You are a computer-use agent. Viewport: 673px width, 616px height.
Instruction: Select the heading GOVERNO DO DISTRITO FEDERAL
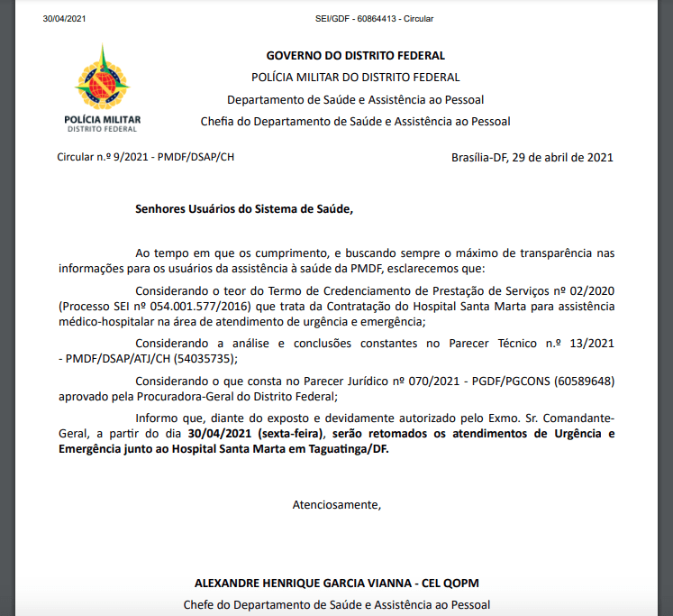(x=355, y=56)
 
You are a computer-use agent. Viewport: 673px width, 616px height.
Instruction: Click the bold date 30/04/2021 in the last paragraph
(x=220, y=435)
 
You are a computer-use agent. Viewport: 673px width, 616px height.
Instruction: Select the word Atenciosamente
(x=336, y=504)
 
